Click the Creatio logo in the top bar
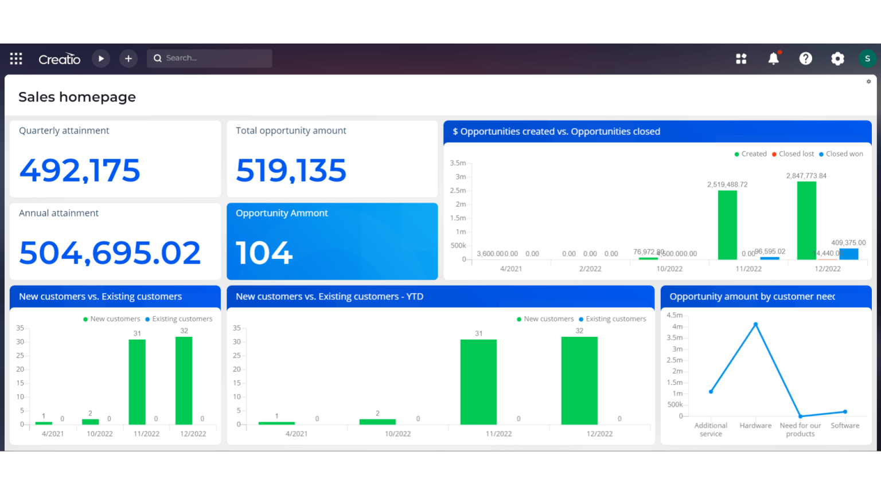(x=59, y=59)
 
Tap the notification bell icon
(x=773, y=58)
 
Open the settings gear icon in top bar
(x=837, y=58)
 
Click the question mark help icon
(x=805, y=58)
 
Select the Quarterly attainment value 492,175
(x=80, y=171)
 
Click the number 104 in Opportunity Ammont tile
(x=264, y=253)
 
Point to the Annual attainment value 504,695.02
(x=110, y=253)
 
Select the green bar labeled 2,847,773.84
(x=806, y=221)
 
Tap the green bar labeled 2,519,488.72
(x=727, y=225)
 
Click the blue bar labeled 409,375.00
(x=849, y=254)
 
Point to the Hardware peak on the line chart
(x=755, y=324)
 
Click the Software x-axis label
(x=845, y=426)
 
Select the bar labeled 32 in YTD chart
(x=579, y=380)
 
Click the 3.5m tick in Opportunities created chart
(x=458, y=163)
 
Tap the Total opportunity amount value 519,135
(x=291, y=171)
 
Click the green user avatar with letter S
(x=867, y=58)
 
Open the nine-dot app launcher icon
(x=16, y=58)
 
